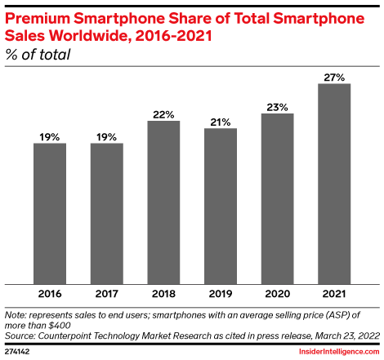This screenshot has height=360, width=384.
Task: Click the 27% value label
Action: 334,76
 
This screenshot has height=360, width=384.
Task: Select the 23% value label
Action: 277,106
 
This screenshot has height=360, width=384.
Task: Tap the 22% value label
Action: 163,114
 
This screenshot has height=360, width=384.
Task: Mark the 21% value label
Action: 221,122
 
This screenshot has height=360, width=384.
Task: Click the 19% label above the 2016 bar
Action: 50,136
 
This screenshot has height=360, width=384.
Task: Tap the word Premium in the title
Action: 38,14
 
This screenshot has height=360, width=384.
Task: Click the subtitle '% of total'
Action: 38,55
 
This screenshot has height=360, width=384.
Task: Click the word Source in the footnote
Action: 23,335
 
